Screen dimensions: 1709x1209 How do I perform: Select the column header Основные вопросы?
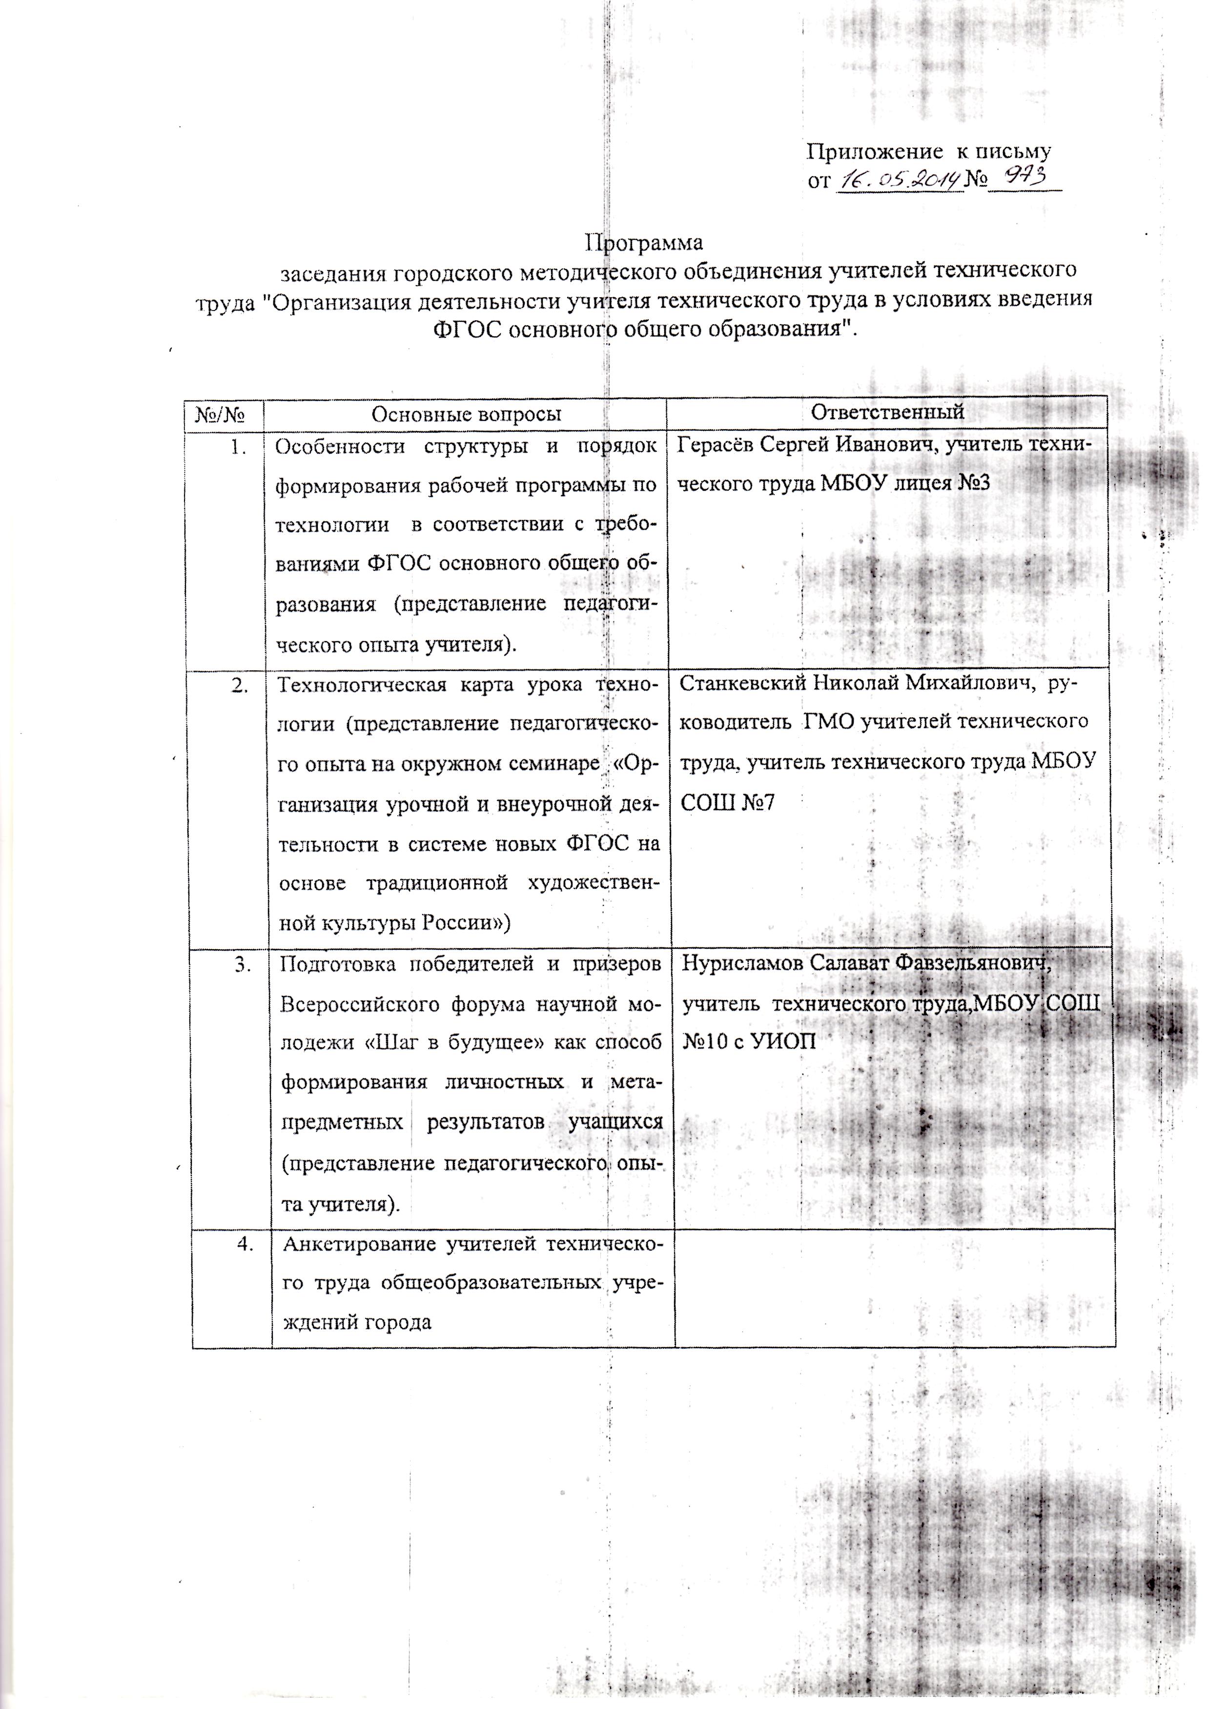tap(466, 414)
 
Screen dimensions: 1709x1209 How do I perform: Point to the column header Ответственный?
tap(887, 412)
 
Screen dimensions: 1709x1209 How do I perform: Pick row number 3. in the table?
tap(243, 964)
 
